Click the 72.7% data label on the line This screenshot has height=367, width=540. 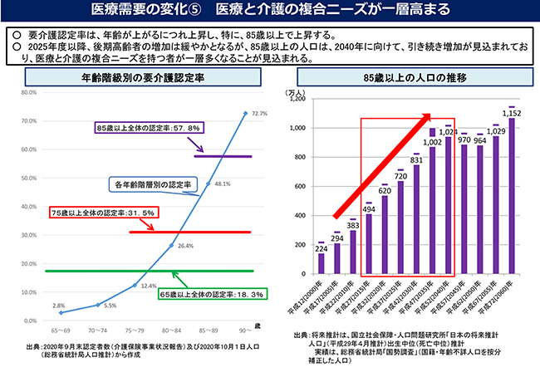[x=258, y=113]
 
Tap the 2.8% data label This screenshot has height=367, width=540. [x=58, y=305]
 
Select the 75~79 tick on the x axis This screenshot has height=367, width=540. [x=135, y=329]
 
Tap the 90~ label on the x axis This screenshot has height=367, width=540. [x=243, y=329]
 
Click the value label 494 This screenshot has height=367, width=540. [x=369, y=209]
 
